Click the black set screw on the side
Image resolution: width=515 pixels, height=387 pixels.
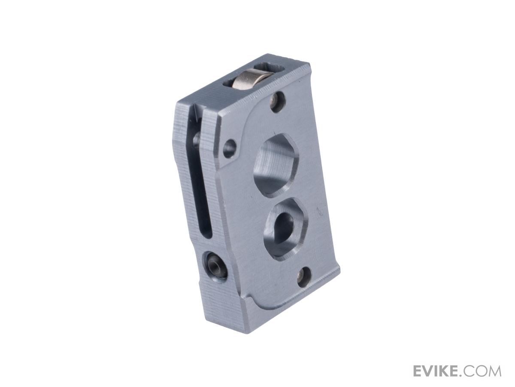click(216, 266)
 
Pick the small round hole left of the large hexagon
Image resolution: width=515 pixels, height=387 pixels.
click(230, 149)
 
